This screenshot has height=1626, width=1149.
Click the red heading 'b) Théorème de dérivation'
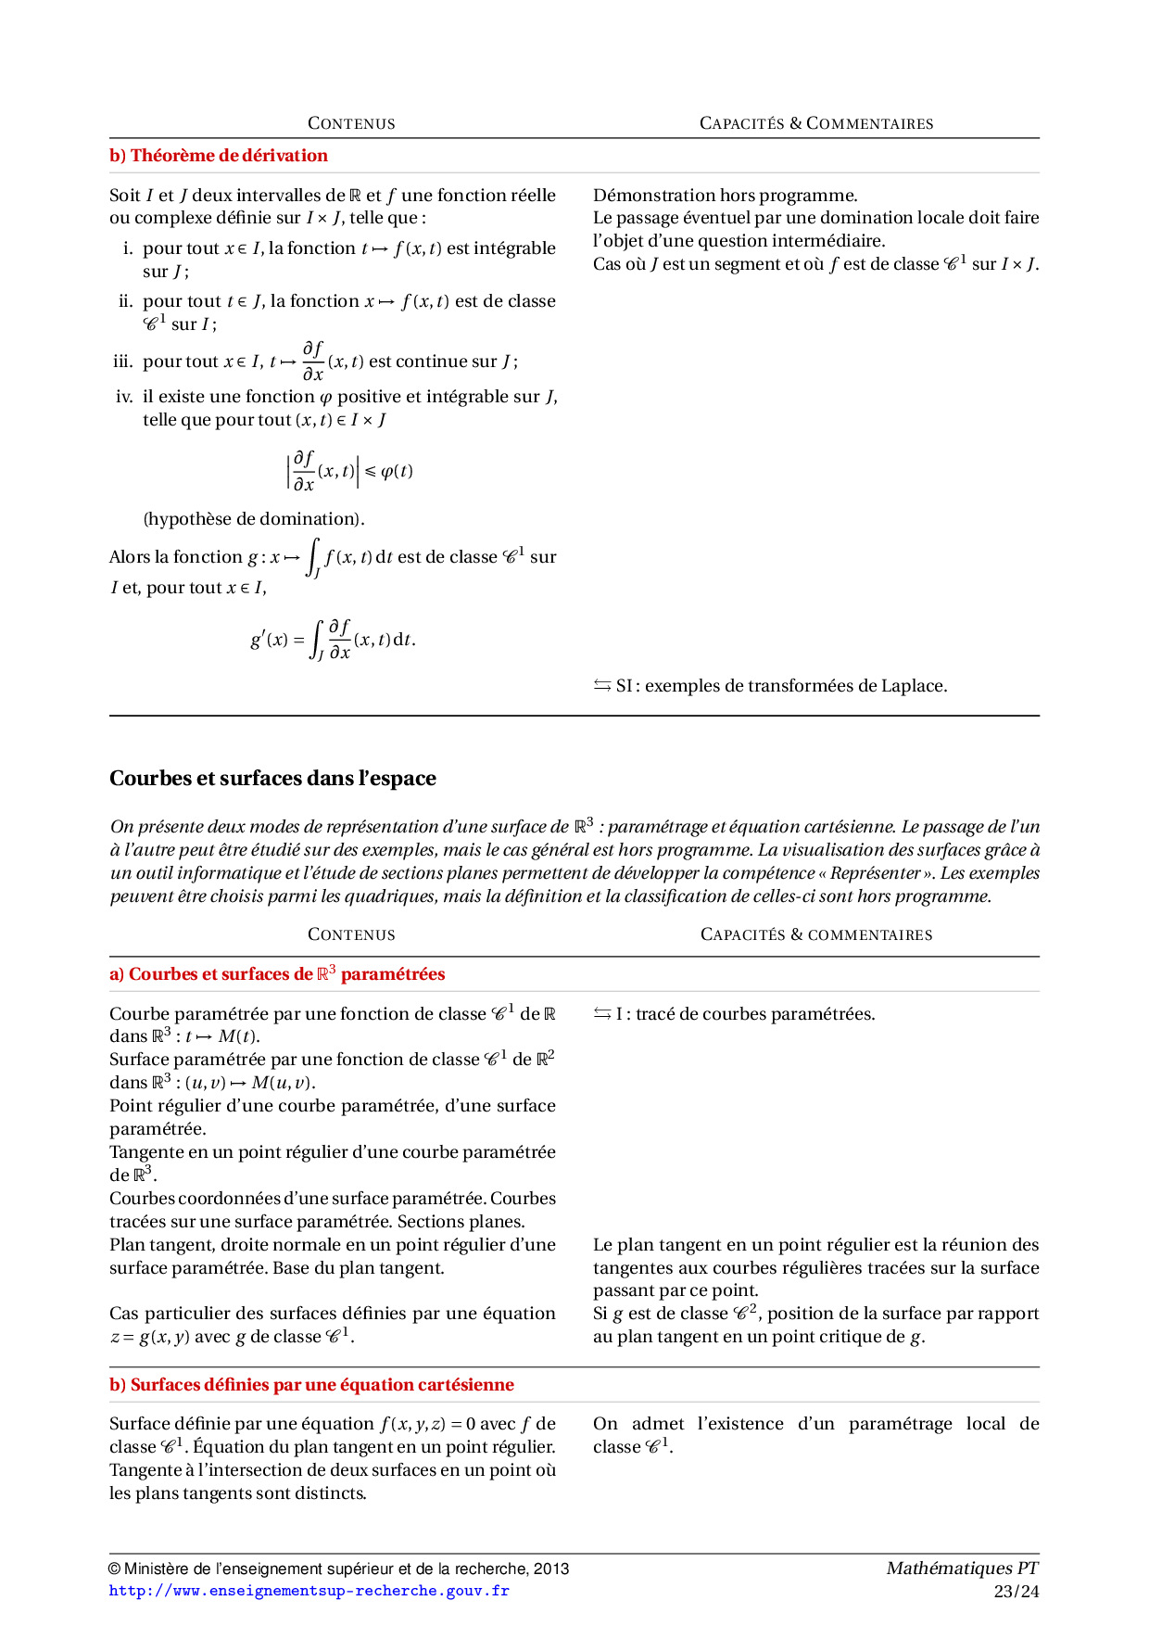point(219,156)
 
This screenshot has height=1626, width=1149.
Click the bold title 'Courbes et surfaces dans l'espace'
point(272,778)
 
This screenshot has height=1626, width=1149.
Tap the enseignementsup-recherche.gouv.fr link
point(309,1591)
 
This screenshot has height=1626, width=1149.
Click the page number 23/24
point(1016,1592)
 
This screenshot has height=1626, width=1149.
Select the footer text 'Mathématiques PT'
point(962,1569)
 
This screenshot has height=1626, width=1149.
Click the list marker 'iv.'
point(124,397)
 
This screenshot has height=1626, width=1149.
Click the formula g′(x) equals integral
point(333,640)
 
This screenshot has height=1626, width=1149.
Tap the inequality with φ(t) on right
point(349,471)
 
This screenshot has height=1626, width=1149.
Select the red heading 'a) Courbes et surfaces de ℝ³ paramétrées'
point(277,974)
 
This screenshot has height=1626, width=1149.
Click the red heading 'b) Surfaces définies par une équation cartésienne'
point(311,1385)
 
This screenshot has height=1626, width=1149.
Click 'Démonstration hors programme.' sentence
point(725,196)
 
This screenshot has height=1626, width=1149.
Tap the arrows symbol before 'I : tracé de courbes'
point(602,1014)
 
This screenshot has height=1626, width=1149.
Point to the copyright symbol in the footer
point(115,1569)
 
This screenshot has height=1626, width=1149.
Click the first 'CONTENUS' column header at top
point(351,123)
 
